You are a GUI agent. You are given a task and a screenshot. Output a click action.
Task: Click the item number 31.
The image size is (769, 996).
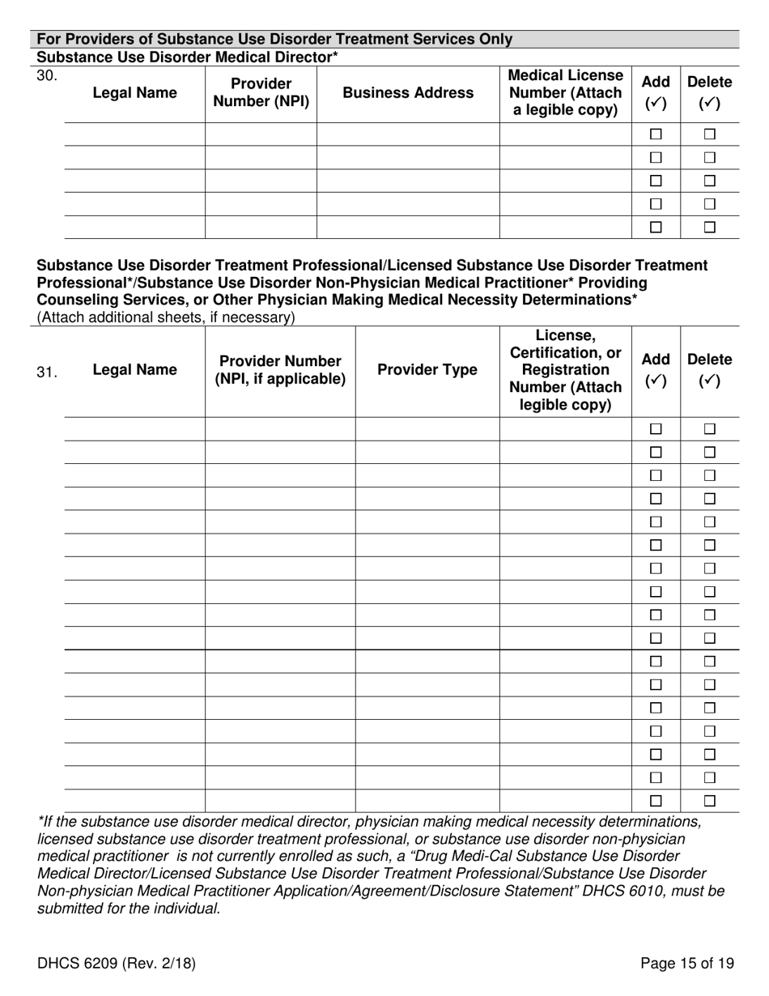pyautogui.click(x=47, y=372)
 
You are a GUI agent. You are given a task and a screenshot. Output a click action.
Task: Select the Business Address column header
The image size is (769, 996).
pyautogui.click(x=408, y=93)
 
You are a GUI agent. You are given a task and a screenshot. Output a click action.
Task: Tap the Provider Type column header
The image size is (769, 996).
pyautogui.click(x=427, y=370)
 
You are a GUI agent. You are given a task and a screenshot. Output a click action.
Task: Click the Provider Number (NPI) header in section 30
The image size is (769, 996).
pyautogui.click(x=261, y=93)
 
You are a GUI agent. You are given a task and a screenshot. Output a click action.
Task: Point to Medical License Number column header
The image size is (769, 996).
pyautogui.click(x=566, y=92)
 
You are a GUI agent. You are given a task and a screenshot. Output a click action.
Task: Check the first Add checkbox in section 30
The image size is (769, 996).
pyautogui.click(x=656, y=134)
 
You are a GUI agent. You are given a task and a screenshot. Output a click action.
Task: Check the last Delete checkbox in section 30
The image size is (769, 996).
pyautogui.click(x=710, y=228)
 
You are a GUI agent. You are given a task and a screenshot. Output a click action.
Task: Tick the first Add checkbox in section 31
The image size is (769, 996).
pyautogui.click(x=656, y=429)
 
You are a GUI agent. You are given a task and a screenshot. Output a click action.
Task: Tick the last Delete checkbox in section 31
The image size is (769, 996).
pyautogui.click(x=710, y=801)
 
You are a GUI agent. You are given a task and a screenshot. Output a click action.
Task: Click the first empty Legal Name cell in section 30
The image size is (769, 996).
pyautogui.click(x=134, y=134)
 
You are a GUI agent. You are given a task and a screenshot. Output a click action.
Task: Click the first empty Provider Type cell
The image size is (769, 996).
pyautogui.click(x=427, y=429)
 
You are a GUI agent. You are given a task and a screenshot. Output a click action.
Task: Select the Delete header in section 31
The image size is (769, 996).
pyautogui.click(x=710, y=370)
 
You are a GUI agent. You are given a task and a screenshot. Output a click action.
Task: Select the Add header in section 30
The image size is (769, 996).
pyautogui.click(x=656, y=92)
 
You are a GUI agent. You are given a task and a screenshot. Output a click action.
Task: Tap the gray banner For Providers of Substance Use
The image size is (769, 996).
pyautogui.click(x=275, y=39)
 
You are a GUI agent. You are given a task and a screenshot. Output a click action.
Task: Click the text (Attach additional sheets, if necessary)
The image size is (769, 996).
pyautogui.click(x=166, y=317)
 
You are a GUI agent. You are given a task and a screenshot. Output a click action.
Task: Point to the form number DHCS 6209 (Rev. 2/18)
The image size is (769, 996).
pyautogui.click(x=117, y=964)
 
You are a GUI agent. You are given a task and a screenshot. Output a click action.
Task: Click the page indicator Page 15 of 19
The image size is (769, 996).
pyautogui.click(x=687, y=964)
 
